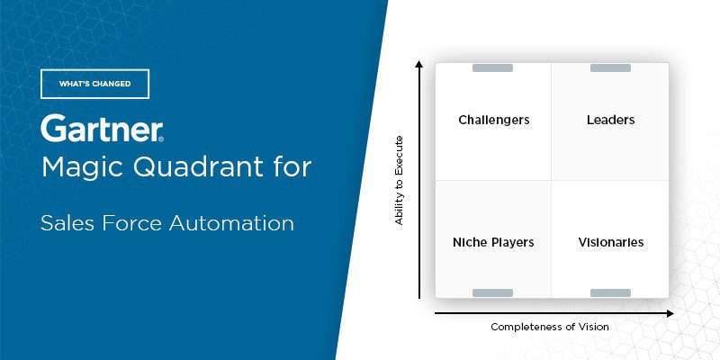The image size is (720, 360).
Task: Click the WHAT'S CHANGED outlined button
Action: point(94,84)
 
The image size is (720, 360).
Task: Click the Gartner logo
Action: point(102,129)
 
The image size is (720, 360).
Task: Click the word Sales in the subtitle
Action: point(64,222)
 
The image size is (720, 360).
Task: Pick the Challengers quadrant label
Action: point(493,120)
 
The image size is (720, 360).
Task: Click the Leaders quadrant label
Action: point(610,120)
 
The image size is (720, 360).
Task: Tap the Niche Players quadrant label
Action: point(493,242)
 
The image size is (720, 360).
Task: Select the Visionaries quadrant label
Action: point(610,242)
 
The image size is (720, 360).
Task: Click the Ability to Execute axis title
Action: point(400,180)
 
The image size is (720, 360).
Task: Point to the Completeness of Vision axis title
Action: point(549,327)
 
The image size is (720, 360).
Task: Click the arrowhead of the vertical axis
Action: point(418,65)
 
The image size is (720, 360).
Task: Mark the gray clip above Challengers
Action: point(492,67)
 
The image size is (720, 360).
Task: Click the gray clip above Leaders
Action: point(610,67)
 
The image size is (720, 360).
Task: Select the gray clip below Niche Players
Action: point(492,292)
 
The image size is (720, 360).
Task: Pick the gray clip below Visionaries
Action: point(610,292)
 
